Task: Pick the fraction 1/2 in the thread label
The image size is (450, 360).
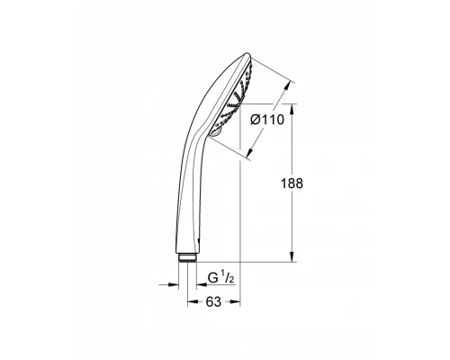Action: [228, 277]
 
